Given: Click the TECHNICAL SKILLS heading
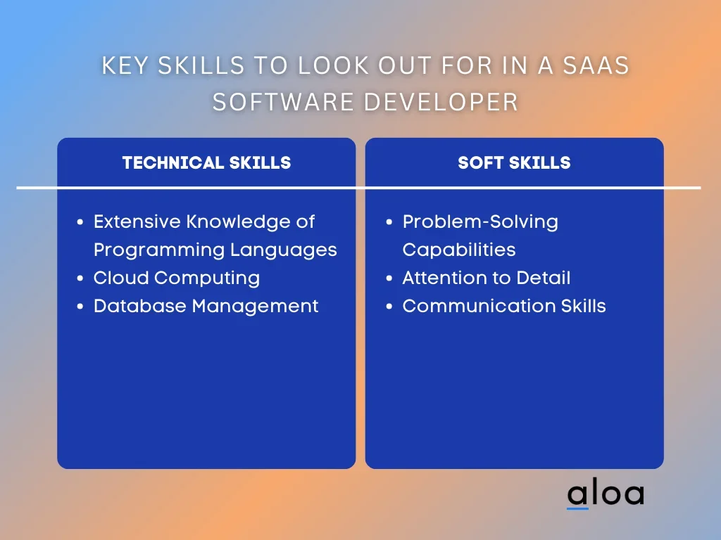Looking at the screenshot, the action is click(206, 163).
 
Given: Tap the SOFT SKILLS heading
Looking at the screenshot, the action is click(514, 163).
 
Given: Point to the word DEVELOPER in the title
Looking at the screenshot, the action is click(441, 101).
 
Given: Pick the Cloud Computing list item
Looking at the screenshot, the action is click(177, 278).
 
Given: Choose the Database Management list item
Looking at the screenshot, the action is click(206, 306).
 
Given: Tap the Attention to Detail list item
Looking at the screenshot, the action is click(487, 278).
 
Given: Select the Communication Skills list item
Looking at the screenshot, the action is click(504, 306).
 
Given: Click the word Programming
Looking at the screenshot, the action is click(159, 250).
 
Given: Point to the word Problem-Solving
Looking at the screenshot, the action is click(480, 222).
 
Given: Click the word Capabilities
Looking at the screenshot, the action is click(459, 250).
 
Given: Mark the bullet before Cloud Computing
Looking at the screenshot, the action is click(80, 278).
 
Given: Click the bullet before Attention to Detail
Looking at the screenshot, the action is click(389, 278).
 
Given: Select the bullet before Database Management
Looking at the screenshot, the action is click(80, 307).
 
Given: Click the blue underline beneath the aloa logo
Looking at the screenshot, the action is click(577, 508).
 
